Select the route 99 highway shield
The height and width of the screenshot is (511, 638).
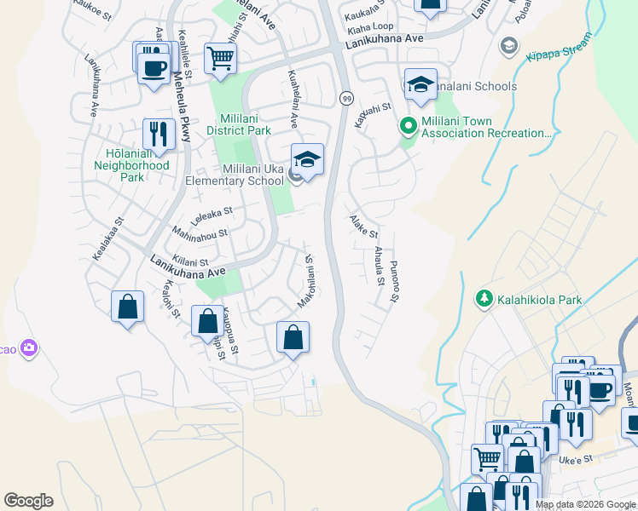pos(346,98)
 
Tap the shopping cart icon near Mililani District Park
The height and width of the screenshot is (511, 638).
pos(220,59)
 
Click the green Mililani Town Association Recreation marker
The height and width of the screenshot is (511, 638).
pos(409,127)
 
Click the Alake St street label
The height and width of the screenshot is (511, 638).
pos(363,227)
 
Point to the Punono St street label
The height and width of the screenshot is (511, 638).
pos(394,281)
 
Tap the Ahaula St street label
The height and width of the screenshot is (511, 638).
pos(379,266)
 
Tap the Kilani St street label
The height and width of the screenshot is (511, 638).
pos(190,263)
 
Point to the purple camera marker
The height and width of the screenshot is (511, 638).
pos(31,347)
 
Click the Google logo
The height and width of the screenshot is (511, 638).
pos(28,501)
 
